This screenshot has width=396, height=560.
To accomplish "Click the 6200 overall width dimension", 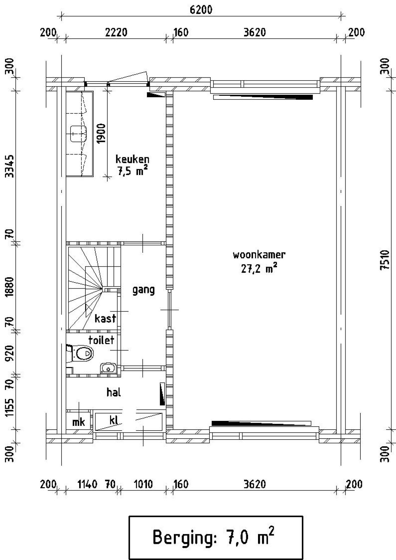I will point(201,10).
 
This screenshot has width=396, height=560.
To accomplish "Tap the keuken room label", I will point(132,159).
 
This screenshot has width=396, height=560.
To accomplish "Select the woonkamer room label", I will point(259,255).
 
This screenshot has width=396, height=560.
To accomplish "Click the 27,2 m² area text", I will point(259,269).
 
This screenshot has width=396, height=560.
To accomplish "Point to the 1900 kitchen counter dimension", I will point(101,133).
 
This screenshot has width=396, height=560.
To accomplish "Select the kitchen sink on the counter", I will point(78,134).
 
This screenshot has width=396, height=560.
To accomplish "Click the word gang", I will point(143,290).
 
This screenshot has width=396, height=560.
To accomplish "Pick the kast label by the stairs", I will point(105,318).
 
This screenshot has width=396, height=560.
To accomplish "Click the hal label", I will point(114,392).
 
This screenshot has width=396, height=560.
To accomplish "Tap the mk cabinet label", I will point(78,422).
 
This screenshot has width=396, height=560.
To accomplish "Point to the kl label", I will point(114,420).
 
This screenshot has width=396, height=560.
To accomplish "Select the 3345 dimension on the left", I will point(11,166).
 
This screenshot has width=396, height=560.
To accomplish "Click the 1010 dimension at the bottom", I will point(143,484).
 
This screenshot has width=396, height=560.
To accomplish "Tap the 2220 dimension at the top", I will point(116,32).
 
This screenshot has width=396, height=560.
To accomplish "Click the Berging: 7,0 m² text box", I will point(216,538).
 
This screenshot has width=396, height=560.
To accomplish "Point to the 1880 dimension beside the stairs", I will point(11,287).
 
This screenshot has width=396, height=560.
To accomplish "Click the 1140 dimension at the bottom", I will point(87,484).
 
